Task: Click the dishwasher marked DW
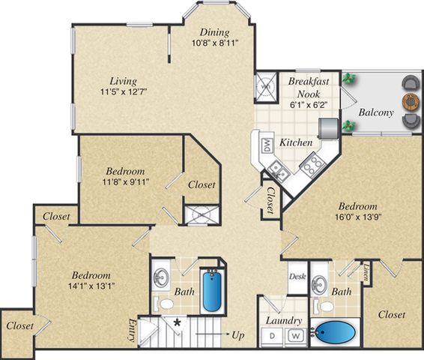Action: (x=267, y=145)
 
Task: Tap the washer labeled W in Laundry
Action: (x=297, y=336)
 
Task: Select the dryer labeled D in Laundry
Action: (x=272, y=336)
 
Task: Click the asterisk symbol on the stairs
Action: (x=177, y=322)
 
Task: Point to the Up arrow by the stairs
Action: (x=213, y=334)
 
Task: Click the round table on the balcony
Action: (x=411, y=101)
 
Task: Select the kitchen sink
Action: (x=277, y=171)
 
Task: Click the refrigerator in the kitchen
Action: (x=328, y=128)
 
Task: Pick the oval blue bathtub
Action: (x=335, y=333)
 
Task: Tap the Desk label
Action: (x=297, y=277)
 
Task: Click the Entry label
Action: (x=132, y=331)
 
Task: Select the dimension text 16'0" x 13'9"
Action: (x=358, y=217)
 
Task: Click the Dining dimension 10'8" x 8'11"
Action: (x=215, y=43)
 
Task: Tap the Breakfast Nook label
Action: (x=309, y=87)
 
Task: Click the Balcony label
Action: (x=376, y=112)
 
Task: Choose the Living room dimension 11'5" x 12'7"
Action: (x=124, y=91)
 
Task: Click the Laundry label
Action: (x=284, y=321)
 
